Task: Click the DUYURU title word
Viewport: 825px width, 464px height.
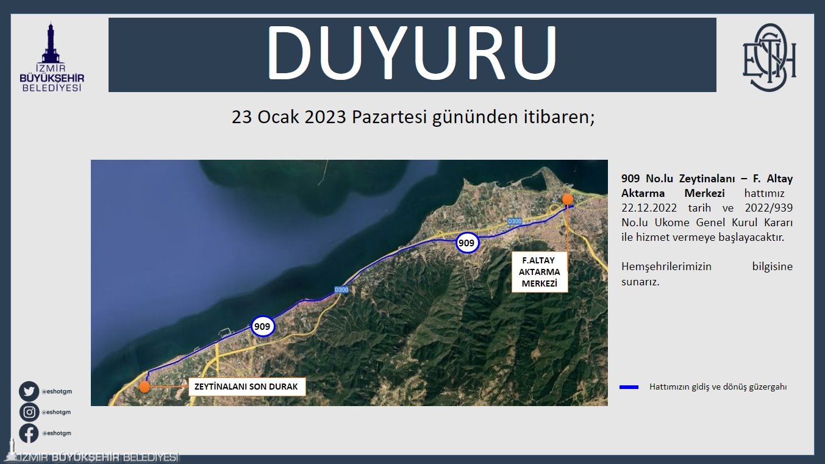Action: (412, 52)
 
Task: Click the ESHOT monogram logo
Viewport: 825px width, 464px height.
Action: (770, 57)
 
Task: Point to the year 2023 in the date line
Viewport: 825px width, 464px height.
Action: (325, 117)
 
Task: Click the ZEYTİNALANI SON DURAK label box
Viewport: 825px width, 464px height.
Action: (247, 387)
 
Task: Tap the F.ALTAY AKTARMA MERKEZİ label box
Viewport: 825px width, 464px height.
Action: (540, 272)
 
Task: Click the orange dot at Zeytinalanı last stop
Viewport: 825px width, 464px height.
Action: (145, 387)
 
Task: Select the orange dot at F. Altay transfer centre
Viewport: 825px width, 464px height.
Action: (568, 199)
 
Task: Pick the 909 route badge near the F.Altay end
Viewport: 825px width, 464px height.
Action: (467, 243)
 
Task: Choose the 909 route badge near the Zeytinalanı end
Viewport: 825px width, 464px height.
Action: (262, 326)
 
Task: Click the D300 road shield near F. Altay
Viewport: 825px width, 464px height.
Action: (515, 221)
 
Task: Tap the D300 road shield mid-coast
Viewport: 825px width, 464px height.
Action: (341, 290)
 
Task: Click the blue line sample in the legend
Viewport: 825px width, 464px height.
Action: (629, 387)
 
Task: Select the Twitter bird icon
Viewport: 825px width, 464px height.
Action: (29, 391)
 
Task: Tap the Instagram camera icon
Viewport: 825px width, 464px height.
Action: (29, 412)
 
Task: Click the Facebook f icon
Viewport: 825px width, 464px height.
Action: (29, 433)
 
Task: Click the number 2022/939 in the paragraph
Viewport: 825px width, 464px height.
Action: (769, 208)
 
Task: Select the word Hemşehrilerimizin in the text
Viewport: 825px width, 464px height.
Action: (666, 266)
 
